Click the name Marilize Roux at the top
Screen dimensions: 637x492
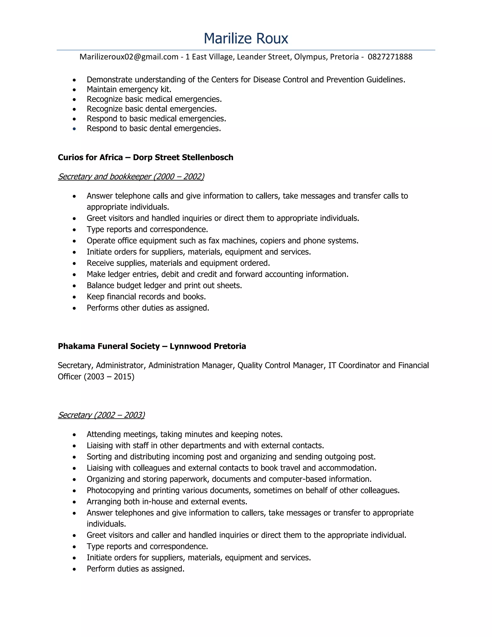click(x=246, y=38)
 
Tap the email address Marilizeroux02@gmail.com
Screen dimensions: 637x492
click(x=129, y=57)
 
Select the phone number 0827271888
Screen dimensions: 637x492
click(x=390, y=57)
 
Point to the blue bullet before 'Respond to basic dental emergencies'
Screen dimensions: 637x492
click(x=74, y=129)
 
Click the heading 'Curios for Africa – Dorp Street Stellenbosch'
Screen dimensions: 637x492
click(x=145, y=157)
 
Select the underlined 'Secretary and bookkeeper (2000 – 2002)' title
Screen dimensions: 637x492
click(x=131, y=177)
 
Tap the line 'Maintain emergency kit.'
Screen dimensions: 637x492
click(x=129, y=89)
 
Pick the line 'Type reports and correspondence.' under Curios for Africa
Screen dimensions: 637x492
click(x=147, y=230)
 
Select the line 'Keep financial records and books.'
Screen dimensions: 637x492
click(x=146, y=297)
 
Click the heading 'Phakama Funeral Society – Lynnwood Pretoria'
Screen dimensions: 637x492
click(x=152, y=346)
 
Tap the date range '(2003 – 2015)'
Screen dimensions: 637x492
click(x=109, y=377)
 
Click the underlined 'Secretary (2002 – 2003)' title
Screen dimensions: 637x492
click(x=101, y=415)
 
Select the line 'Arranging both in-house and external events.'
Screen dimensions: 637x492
click(x=167, y=502)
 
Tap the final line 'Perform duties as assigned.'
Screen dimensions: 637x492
click(x=135, y=569)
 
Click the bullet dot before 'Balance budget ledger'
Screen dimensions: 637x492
click(x=74, y=286)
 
